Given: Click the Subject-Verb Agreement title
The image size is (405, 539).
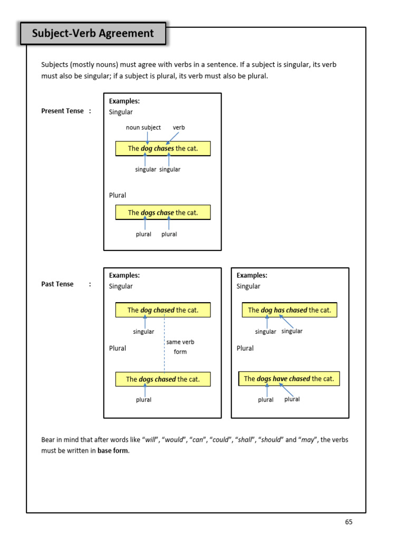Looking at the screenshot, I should (x=93, y=34).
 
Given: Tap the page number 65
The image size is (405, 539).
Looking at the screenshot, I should (x=349, y=522).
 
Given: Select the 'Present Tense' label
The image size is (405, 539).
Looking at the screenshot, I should (x=62, y=111).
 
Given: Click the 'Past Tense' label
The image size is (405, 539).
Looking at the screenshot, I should (x=57, y=284).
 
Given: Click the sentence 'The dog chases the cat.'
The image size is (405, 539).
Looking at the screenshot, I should (x=163, y=148).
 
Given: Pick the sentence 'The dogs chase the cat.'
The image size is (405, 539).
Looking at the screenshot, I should (x=163, y=213).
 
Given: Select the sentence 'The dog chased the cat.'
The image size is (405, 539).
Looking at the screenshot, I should (x=163, y=310).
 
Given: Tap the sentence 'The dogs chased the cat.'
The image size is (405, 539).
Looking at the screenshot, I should (x=163, y=379).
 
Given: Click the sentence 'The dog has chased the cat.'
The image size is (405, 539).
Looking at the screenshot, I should (x=290, y=310).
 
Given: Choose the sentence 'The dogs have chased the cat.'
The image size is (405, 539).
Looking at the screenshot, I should (x=290, y=379).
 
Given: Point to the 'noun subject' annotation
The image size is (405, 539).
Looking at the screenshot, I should (x=143, y=127).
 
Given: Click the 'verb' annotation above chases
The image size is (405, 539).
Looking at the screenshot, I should (x=179, y=127).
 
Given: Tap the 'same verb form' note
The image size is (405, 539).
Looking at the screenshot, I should (x=180, y=347).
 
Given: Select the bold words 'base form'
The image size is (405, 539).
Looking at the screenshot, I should (x=113, y=451).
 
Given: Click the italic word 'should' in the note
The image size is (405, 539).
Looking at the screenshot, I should (x=271, y=440).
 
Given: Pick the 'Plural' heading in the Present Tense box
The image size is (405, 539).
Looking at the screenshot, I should (x=118, y=195).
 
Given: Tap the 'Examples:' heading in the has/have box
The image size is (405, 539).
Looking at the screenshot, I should (x=252, y=275).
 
